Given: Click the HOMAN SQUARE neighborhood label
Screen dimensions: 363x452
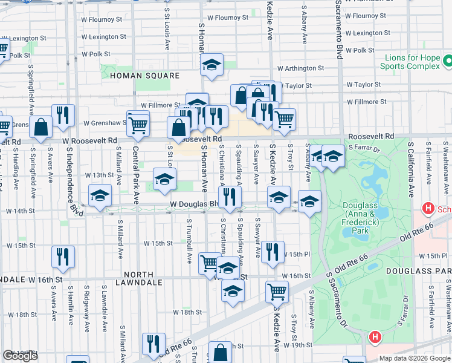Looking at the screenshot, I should (x=144, y=76).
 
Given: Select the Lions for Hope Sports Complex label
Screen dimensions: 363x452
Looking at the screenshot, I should (x=409, y=62).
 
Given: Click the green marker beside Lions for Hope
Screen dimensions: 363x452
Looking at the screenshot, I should (x=448, y=61).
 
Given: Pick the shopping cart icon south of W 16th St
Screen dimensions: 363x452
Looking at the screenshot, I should (x=277, y=291).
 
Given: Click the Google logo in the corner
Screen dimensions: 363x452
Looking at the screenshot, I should (x=20, y=356).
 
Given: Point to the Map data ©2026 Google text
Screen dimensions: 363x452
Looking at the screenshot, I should (x=415, y=358).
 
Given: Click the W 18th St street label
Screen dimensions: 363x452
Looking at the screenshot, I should (x=187, y=312).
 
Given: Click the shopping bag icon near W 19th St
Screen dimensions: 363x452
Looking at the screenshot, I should (x=221, y=351).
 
